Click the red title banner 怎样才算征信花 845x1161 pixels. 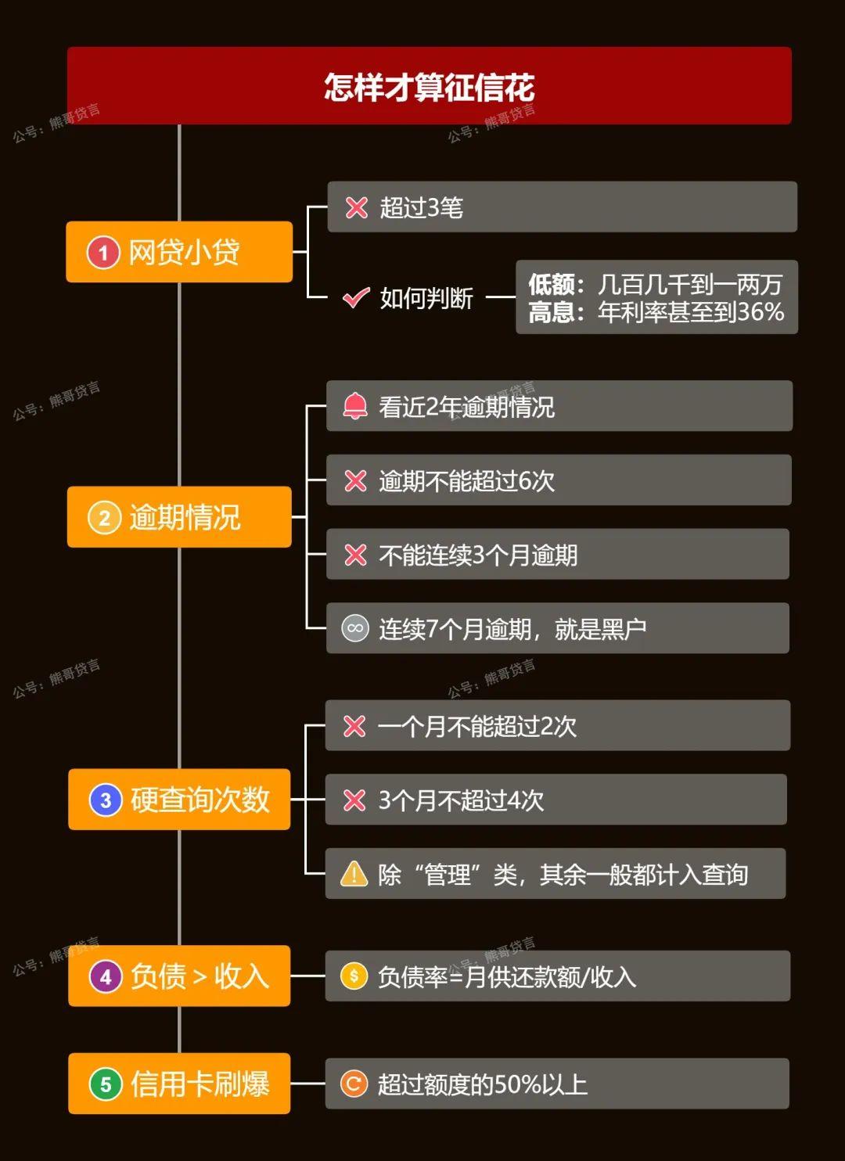point(429,86)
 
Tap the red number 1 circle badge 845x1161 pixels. point(102,253)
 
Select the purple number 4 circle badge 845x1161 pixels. point(106,976)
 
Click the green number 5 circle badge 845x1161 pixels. point(106,1084)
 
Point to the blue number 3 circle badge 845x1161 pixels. point(106,800)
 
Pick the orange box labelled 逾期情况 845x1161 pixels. point(179,517)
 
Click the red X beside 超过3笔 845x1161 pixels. point(357,207)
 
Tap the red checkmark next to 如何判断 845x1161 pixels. point(356,297)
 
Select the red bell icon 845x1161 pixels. point(355,406)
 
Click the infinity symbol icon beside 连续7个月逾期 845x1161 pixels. point(355,628)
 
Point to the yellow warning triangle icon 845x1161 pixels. point(354,873)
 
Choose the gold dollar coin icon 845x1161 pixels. point(354,976)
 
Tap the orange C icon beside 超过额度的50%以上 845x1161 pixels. point(354,1084)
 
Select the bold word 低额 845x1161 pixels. point(552,284)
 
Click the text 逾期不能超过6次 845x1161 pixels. point(467,481)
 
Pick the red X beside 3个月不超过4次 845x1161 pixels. point(354,800)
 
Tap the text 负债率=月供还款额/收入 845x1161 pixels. point(507,976)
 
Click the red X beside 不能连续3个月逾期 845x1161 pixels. point(356,555)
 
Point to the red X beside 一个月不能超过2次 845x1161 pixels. point(354,726)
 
